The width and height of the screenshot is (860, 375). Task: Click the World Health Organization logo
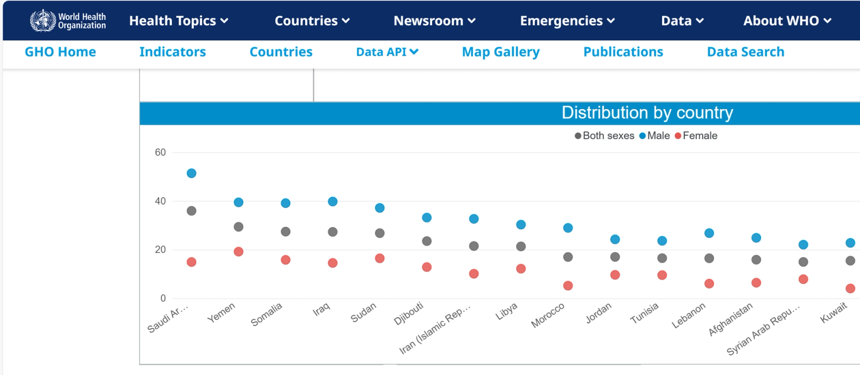[68, 21]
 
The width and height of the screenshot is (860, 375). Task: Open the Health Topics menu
[178, 21]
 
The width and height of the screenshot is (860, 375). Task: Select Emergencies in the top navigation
[567, 21]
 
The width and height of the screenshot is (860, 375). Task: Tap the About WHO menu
[787, 21]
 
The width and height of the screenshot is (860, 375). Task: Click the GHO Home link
[60, 52]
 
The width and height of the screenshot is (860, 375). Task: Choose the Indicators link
[173, 52]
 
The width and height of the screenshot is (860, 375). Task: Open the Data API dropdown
[387, 52]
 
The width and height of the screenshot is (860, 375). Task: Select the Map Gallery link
[500, 52]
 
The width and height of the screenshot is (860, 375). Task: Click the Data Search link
[746, 52]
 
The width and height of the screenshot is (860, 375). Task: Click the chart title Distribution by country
[647, 113]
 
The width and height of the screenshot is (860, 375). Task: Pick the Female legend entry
[696, 136]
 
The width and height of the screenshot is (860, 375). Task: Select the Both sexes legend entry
[605, 136]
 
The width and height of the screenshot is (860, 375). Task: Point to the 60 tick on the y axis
[160, 153]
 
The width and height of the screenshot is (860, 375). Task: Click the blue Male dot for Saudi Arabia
[191, 173]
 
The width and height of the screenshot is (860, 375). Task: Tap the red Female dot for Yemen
[239, 251]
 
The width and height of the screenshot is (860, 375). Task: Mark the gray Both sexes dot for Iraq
[333, 232]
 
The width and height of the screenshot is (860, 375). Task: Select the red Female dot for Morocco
[568, 286]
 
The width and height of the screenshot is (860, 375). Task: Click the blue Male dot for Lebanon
[709, 233]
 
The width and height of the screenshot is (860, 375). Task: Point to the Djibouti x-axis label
[409, 313]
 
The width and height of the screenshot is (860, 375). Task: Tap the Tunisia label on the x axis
[644, 313]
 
